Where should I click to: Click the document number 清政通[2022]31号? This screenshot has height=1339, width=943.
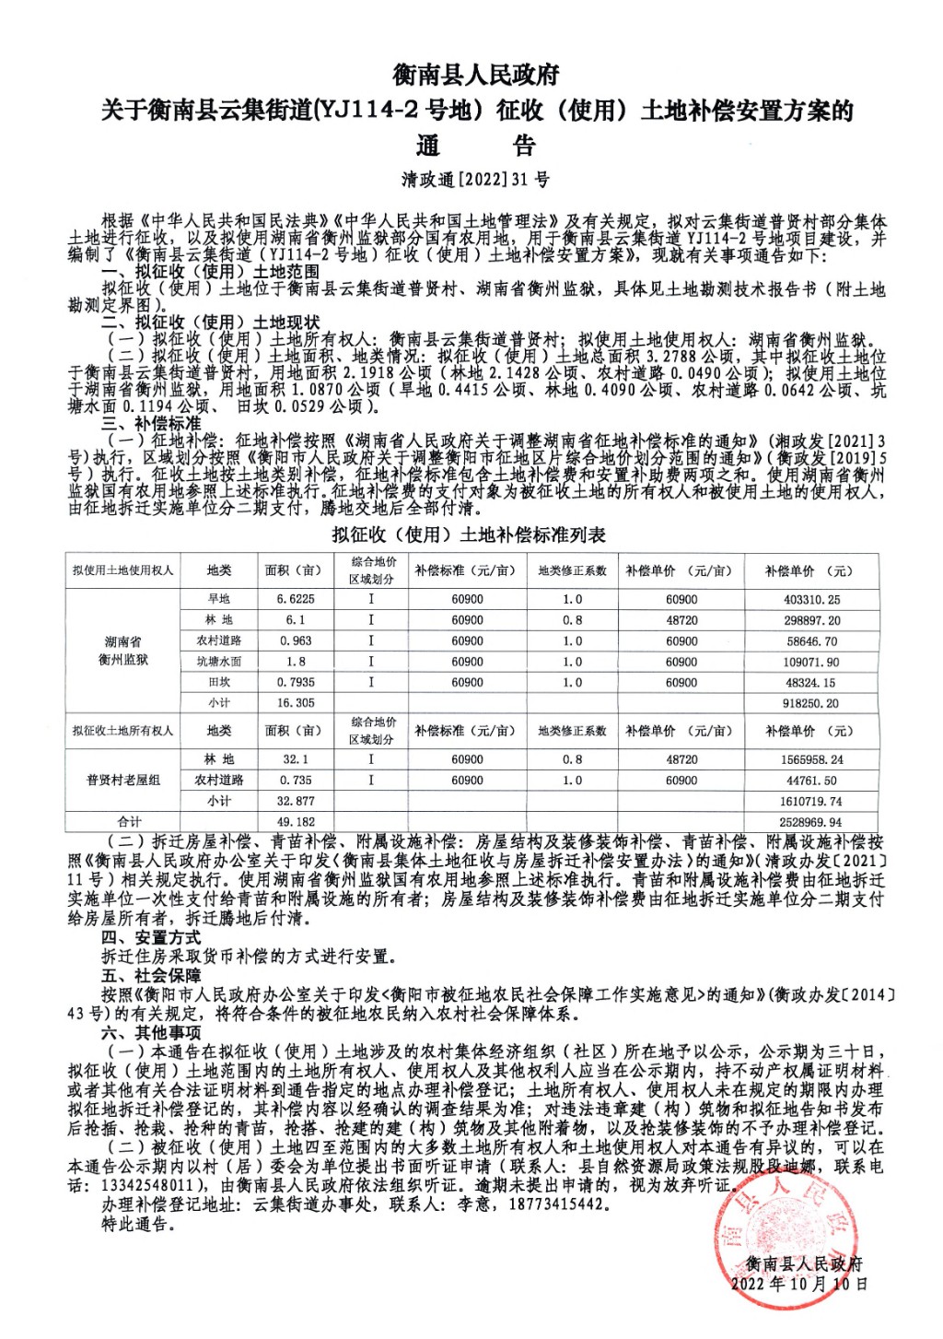[475, 180]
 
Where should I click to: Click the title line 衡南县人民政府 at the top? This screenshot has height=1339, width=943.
[475, 75]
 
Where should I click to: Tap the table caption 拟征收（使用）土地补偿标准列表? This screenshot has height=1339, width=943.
[469, 534]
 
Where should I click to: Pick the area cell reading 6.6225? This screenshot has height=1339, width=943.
[296, 599]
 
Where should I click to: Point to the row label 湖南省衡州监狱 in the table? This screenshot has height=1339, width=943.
[122, 651]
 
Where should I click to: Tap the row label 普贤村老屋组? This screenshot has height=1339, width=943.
[122, 780]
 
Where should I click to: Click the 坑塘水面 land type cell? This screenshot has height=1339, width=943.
[219, 662]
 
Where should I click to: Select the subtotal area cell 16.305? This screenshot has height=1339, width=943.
[296, 702]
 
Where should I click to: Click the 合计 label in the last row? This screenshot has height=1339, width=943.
[130, 821]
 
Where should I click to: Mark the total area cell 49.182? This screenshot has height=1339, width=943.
[296, 821]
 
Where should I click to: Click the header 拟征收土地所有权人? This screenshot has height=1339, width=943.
[122, 731]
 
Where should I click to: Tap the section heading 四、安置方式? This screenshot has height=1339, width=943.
[151, 937]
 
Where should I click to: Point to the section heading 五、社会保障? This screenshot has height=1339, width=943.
[151, 975]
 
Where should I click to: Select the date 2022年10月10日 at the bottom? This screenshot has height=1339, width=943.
[799, 1283]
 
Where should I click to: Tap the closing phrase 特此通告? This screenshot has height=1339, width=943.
[136, 1224]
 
